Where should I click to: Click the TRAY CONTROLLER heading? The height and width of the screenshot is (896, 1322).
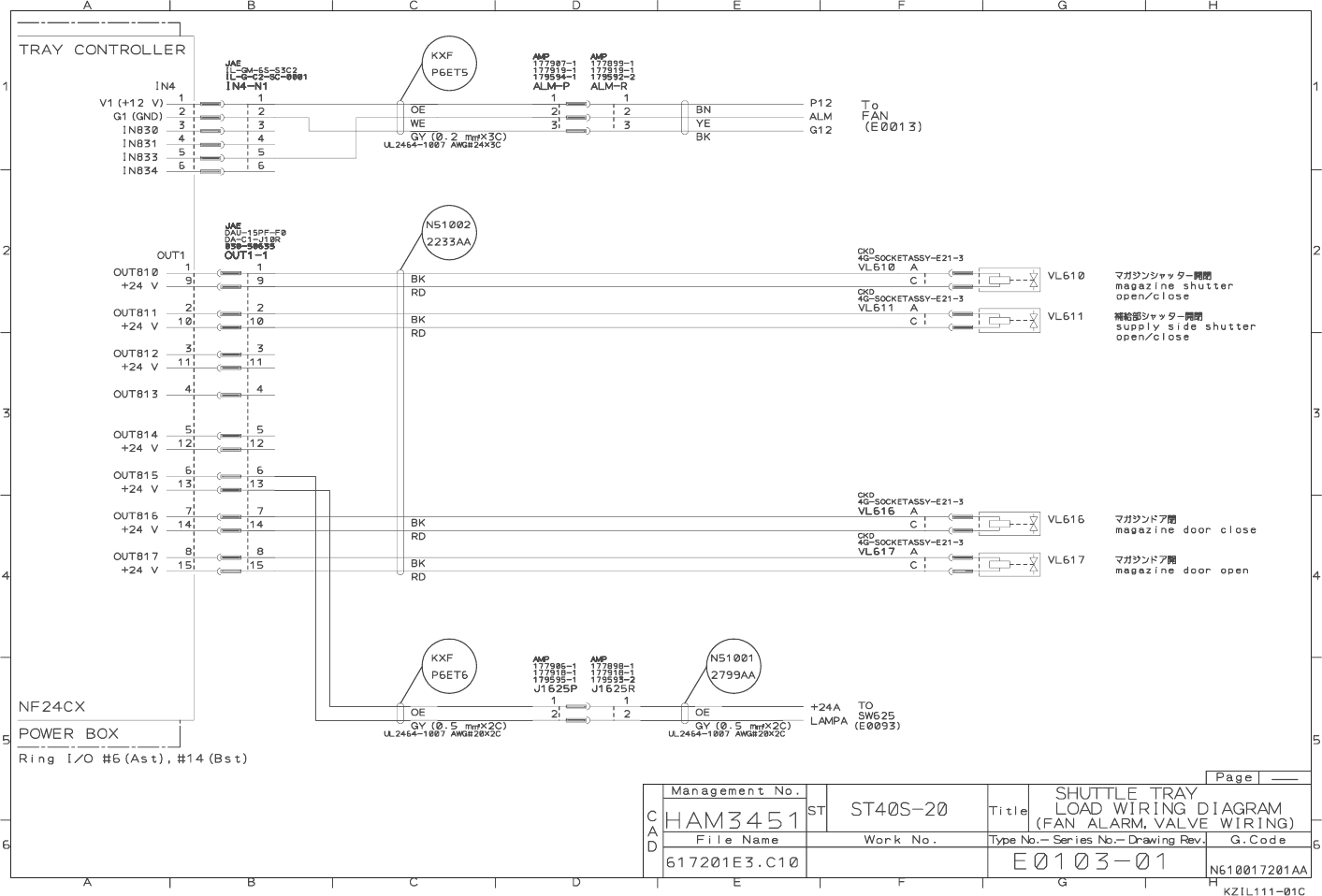tap(102, 50)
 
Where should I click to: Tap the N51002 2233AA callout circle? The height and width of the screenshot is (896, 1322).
tap(448, 233)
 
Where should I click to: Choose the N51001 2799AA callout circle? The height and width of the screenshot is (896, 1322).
tap(733, 665)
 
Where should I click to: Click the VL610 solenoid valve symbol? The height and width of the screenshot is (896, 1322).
tap(1009, 278)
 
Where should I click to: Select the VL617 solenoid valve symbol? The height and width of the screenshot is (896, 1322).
tap(1009, 562)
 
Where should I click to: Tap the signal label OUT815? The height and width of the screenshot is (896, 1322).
tap(136, 475)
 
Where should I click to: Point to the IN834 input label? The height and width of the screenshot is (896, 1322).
tap(139, 170)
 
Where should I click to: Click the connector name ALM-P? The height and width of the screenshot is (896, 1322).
tap(551, 85)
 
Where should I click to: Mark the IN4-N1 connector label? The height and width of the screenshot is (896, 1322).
tap(246, 85)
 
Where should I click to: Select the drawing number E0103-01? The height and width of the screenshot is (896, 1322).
tap(1090, 861)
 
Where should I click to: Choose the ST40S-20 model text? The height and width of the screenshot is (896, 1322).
tap(898, 810)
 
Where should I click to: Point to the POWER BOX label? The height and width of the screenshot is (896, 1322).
tap(68, 733)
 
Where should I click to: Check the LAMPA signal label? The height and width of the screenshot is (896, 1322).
tap(829, 720)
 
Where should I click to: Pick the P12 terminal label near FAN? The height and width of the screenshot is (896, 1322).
tap(821, 103)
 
